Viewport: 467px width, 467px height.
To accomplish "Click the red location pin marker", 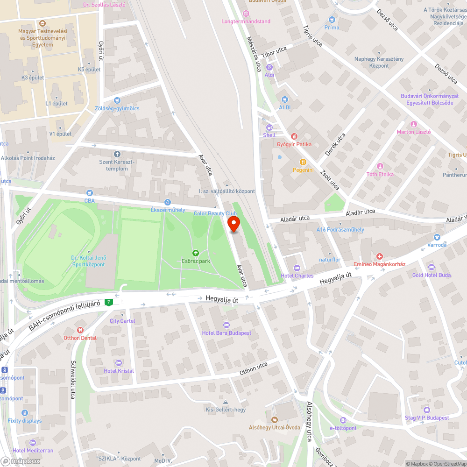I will pos(233,224).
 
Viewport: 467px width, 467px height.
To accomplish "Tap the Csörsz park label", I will pos(196,261).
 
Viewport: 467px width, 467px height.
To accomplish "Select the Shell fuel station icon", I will pos(269,127).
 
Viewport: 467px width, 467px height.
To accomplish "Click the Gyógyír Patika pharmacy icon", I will pos(294,136).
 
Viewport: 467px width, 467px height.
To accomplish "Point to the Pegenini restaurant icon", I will pos(303,162).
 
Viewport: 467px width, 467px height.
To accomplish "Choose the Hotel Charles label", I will pos(297,276).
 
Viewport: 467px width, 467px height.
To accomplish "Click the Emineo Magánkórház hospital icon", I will pos(380,256).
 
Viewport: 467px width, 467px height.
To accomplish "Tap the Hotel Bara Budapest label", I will pos(226,333).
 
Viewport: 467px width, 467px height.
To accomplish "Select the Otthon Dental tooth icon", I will pos(80,330).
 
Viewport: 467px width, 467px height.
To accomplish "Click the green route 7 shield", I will pos(109,302).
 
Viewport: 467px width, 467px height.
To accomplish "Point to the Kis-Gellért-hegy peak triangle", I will pos(226,402).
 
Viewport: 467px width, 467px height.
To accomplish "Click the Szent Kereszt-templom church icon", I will pos(117,154).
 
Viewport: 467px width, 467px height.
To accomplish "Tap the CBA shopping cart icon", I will pos(89,192).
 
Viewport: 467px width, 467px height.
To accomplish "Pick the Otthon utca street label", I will pos(254,368).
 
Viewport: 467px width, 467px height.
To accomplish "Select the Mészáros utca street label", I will pos(254,54).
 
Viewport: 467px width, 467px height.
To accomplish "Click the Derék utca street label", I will pos(335,144).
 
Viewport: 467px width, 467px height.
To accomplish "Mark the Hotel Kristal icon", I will pos(119,363).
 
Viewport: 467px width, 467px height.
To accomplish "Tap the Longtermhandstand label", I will pos(246,21).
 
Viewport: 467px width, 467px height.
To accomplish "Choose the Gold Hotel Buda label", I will pos(431,275).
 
